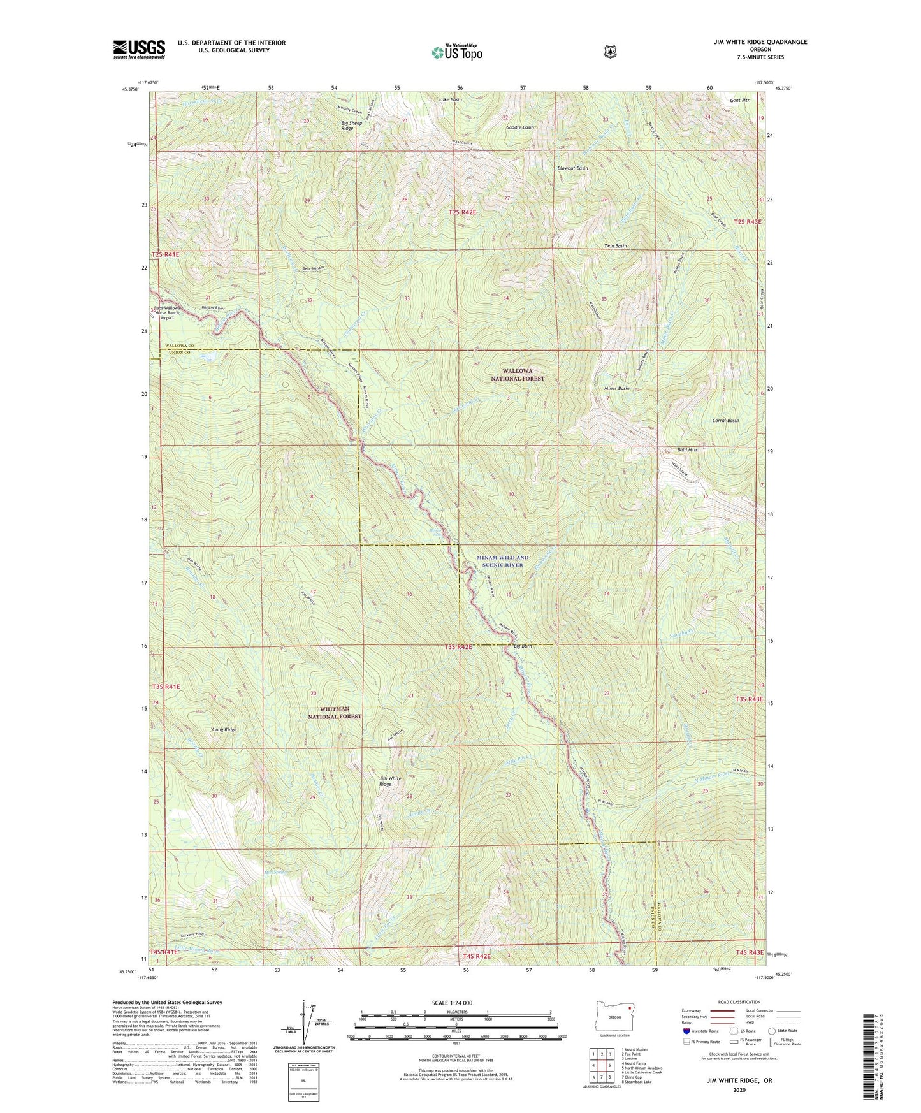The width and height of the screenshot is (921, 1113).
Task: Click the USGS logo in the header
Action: [139, 49]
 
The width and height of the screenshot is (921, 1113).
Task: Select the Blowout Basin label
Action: [572, 168]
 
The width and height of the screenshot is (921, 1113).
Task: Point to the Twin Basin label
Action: [615, 246]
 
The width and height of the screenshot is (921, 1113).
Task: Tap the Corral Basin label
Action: [725, 421]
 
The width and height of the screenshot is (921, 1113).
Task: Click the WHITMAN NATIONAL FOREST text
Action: [335, 713]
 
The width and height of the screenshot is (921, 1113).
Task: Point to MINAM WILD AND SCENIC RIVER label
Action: [503, 561]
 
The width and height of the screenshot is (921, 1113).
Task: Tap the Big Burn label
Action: [523, 646]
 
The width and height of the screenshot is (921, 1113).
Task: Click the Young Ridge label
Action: [224, 729]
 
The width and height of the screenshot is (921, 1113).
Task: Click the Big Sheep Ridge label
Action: [351, 126]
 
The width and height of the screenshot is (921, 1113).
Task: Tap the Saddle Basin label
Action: [520, 127]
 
